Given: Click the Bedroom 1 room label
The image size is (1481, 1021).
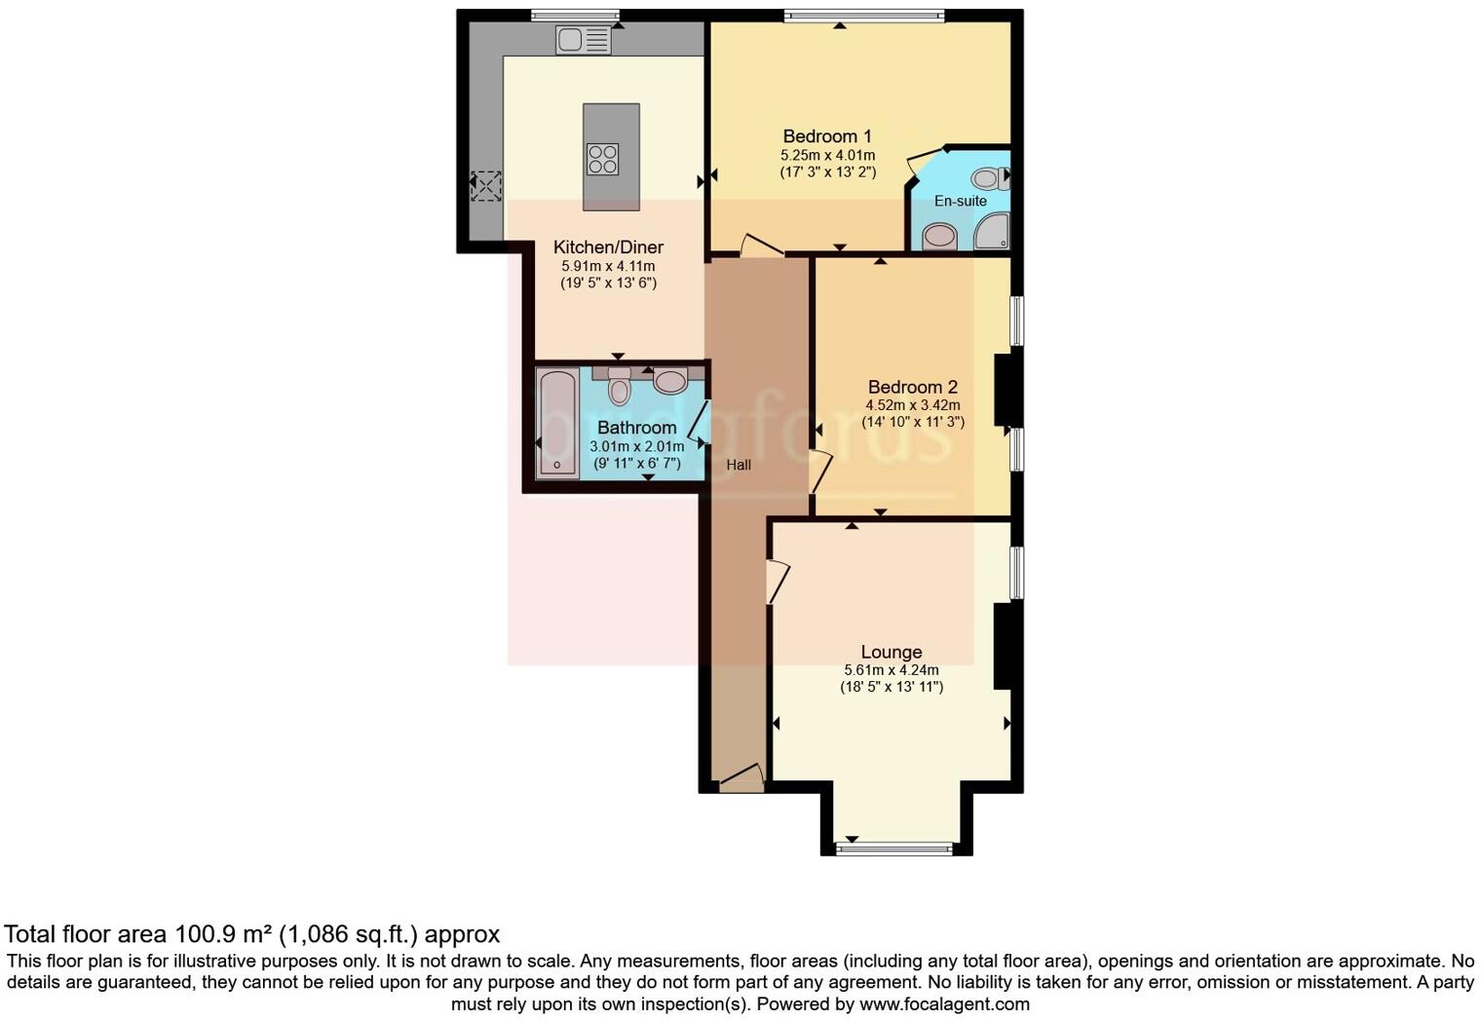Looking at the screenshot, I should tap(827, 136).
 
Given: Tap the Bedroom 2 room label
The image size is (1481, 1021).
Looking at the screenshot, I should tap(913, 387).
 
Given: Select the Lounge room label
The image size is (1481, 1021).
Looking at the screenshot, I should tap(891, 652).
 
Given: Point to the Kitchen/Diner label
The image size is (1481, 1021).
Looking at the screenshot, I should tap(608, 247).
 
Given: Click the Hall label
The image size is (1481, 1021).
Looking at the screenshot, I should tap(739, 465).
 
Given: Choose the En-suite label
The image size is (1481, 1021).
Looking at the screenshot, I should tap(960, 201).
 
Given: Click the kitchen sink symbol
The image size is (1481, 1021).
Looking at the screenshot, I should tap(583, 40).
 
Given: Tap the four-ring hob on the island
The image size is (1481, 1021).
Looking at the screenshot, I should tap(602, 159).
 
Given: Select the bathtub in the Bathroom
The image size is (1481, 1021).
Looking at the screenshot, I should tap(557, 423).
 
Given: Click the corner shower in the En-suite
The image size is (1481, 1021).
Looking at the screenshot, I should tap(991, 232).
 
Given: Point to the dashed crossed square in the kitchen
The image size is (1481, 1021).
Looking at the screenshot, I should tap(485, 185).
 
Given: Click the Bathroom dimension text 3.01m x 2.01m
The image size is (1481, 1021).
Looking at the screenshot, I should tap(636, 446).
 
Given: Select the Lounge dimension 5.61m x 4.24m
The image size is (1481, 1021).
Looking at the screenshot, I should tap(891, 670).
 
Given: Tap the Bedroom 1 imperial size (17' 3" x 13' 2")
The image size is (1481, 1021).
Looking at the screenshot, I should tap(827, 172).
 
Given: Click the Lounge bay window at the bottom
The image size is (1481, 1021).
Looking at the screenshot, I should tap(894, 849).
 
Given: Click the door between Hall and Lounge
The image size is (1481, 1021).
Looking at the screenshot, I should tap(777, 582).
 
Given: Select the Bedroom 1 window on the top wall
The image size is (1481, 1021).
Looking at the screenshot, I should tap(864, 15).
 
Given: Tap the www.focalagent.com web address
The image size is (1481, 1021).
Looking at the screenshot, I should tap(944, 1003).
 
